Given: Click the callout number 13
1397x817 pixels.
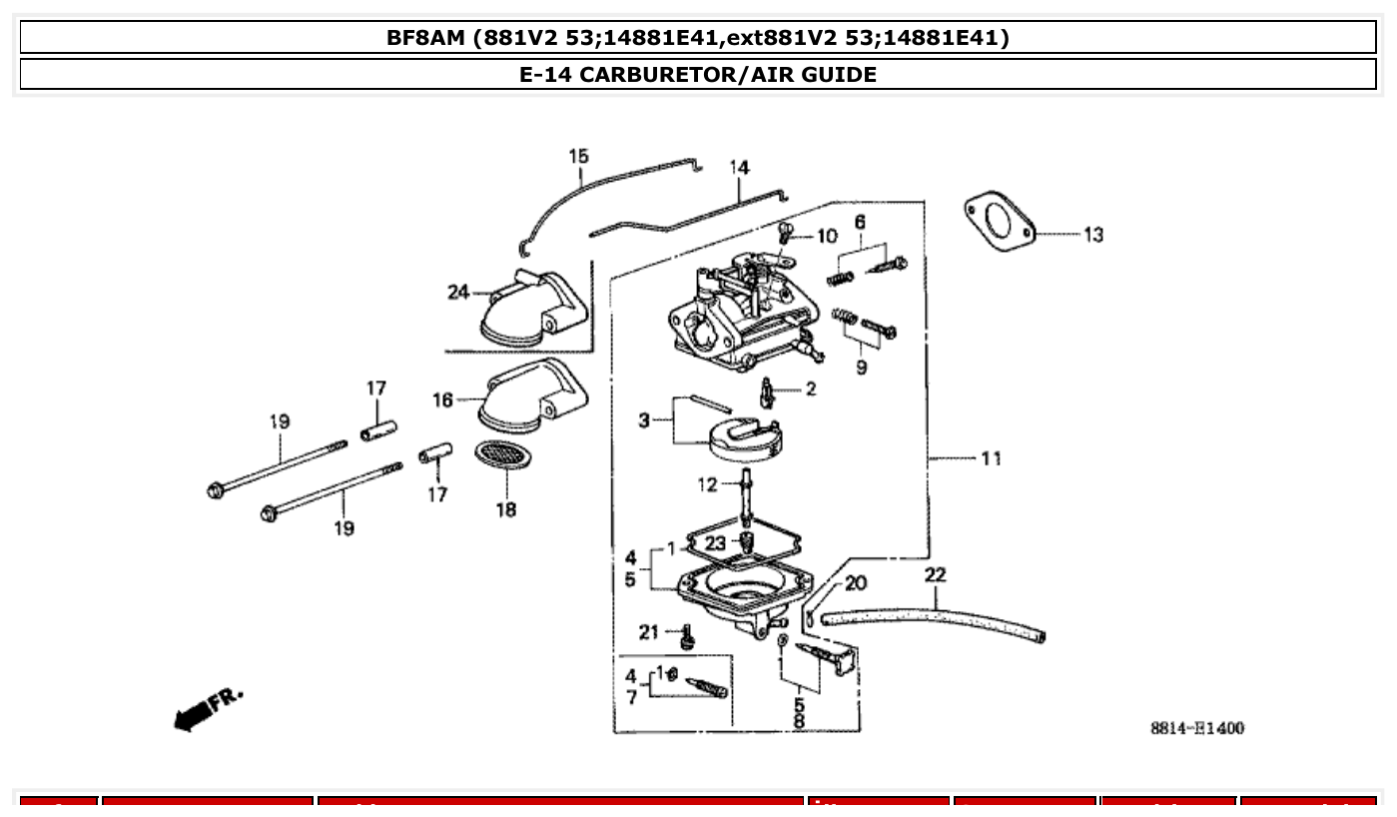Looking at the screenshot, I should click(1093, 236).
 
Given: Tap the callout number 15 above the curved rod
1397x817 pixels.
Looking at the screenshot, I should click(578, 156).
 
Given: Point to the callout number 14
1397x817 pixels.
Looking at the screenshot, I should click(738, 168).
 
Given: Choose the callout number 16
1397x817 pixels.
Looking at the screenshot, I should click(442, 401).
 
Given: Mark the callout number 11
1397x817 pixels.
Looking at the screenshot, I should click(990, 458).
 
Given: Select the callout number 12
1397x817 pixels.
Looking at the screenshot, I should click(707, 485).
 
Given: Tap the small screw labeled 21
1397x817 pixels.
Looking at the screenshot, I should click(687, 635).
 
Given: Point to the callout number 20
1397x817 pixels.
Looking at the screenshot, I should click(856, 583).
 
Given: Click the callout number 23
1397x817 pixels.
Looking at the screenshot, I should click(715, 543).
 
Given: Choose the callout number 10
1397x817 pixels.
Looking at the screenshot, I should click(827, 237).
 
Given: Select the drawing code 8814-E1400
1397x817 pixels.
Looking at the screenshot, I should click(1196, 728).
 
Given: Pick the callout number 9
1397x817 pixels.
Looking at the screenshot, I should click(861, 367).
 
